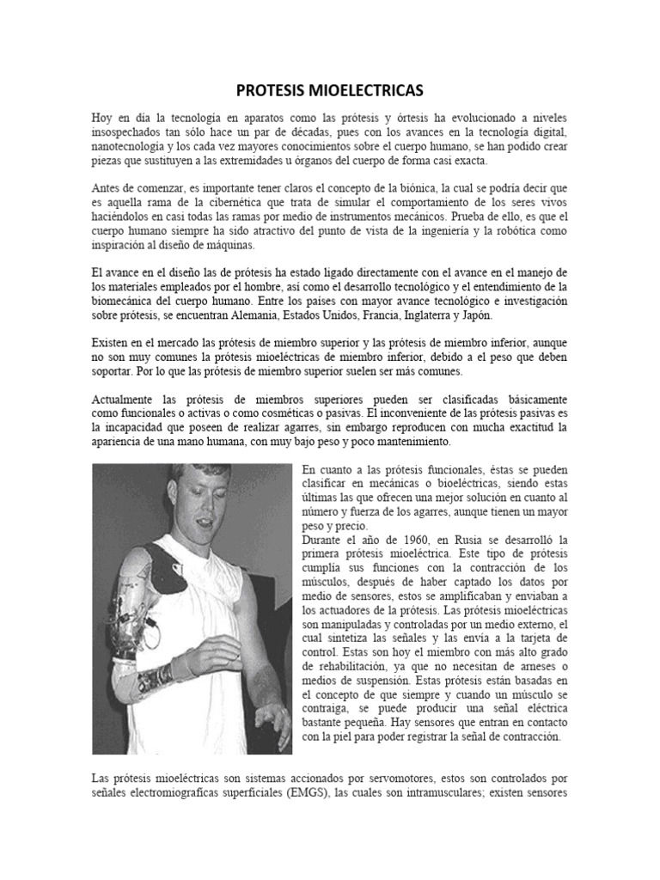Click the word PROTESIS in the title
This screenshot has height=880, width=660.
click(x=272, y=90)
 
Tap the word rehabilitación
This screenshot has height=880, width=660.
click(x=352, y=666)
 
